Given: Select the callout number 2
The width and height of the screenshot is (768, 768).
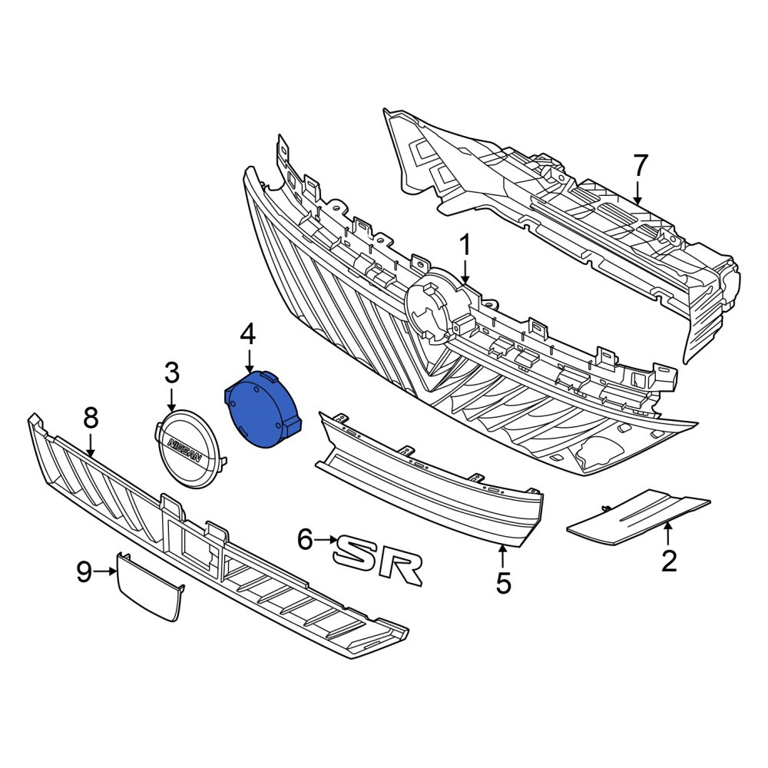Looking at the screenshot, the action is click(669, 561).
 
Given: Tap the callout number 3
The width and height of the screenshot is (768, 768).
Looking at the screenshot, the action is click(171, 374).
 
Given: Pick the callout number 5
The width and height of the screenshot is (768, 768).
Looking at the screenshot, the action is click(504, 583).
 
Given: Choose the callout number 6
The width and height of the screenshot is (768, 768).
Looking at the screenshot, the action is click(305, 541).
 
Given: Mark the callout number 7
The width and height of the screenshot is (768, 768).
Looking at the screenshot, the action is click(641, 166).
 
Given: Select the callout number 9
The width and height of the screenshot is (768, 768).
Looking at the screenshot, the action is click(84, 571).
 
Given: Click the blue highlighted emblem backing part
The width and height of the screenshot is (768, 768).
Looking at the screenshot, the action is click(262, 410).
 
